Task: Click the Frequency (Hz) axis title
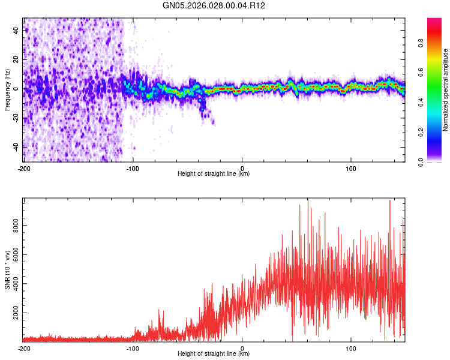point(7,89)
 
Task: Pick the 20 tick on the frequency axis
point(17,60)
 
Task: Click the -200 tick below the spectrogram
point(24,168)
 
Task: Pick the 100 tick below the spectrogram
point(351,168)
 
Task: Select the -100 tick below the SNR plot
point(133,348)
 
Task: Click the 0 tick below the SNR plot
point(242,348)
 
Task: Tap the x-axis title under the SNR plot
point(214,354)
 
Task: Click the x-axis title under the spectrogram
point(214,174)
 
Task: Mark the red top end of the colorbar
point(434,21)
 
